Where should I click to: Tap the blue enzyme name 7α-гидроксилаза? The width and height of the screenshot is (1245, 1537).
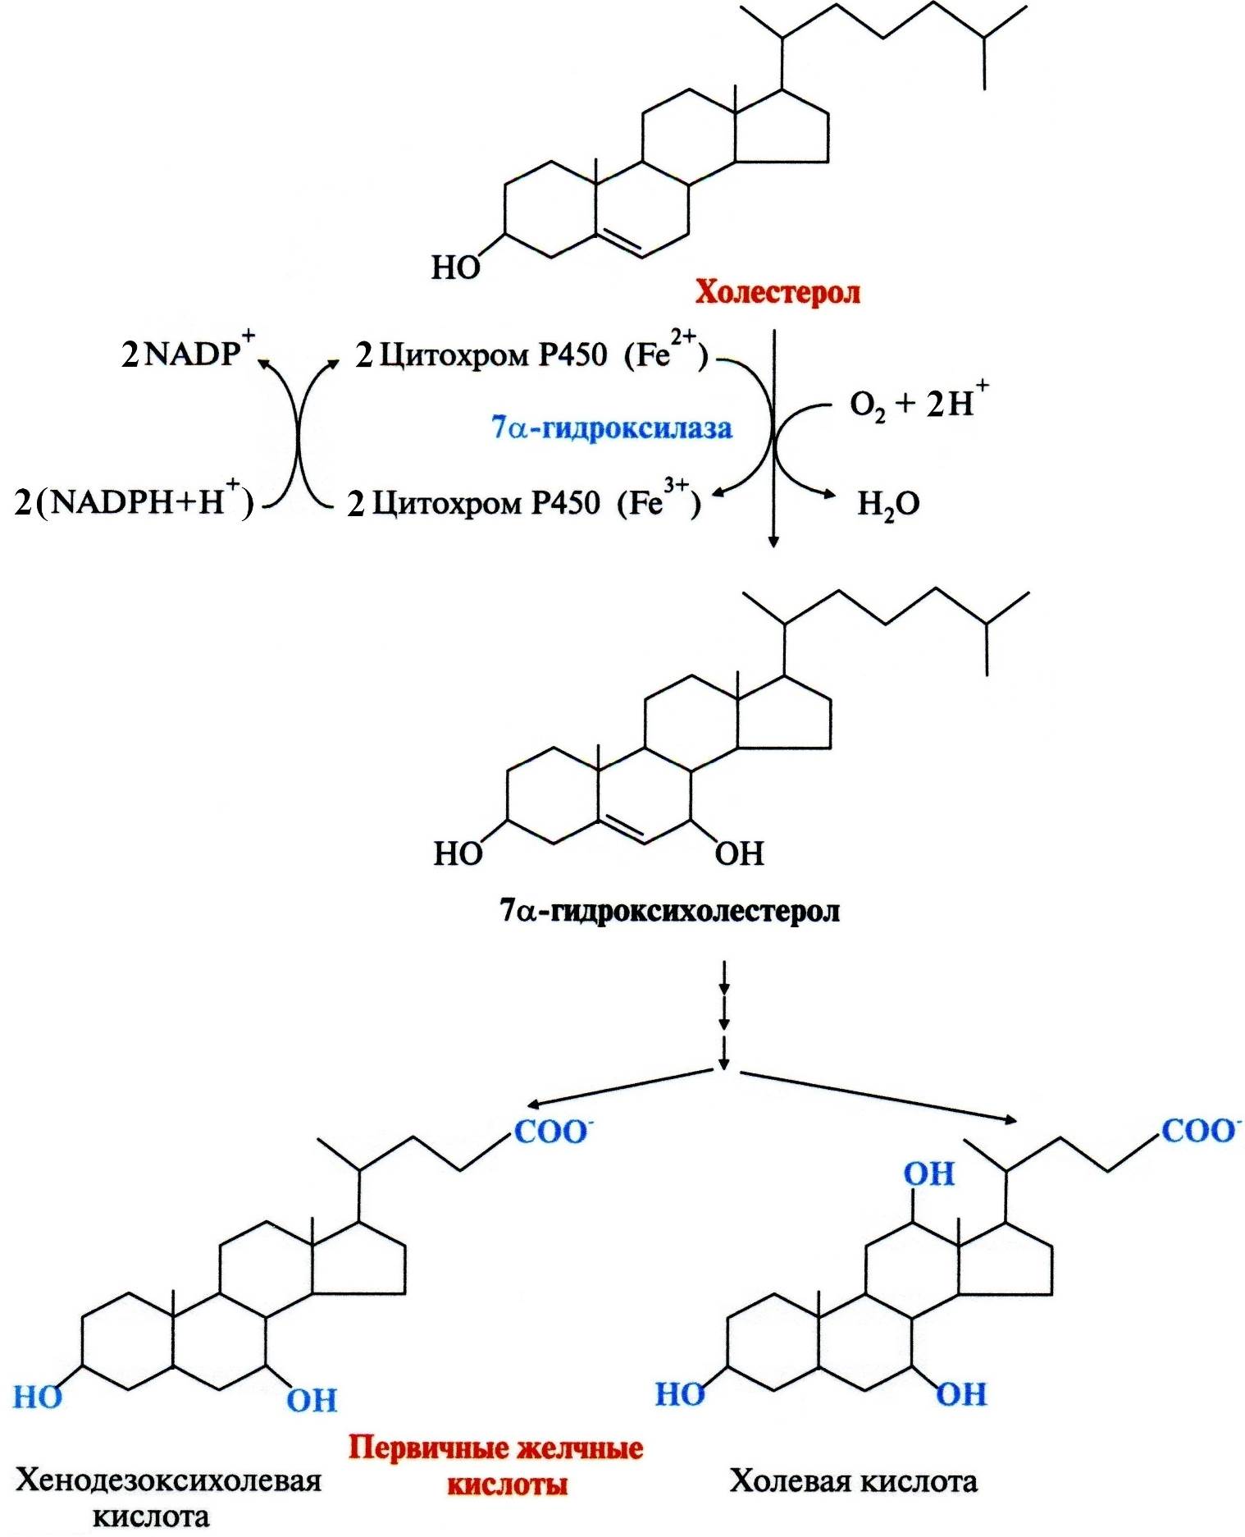click(612, 428)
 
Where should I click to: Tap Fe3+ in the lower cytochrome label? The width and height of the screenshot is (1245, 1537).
click(659, 499)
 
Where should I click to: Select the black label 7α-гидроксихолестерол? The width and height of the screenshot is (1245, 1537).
click(670, 911)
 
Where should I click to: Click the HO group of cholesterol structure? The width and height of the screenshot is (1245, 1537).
click(456, 268)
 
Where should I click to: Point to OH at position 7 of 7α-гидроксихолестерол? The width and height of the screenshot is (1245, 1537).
click(739, 854)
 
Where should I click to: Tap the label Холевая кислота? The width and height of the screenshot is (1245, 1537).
click(854, 1482)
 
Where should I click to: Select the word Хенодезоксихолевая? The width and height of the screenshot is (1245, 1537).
click(169, 1481)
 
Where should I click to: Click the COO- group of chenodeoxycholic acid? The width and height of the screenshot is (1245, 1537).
click(552, 1132)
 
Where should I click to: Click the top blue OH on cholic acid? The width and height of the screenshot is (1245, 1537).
click(929, 1174)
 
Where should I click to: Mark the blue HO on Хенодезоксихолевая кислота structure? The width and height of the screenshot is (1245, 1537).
click(38, 1397)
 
